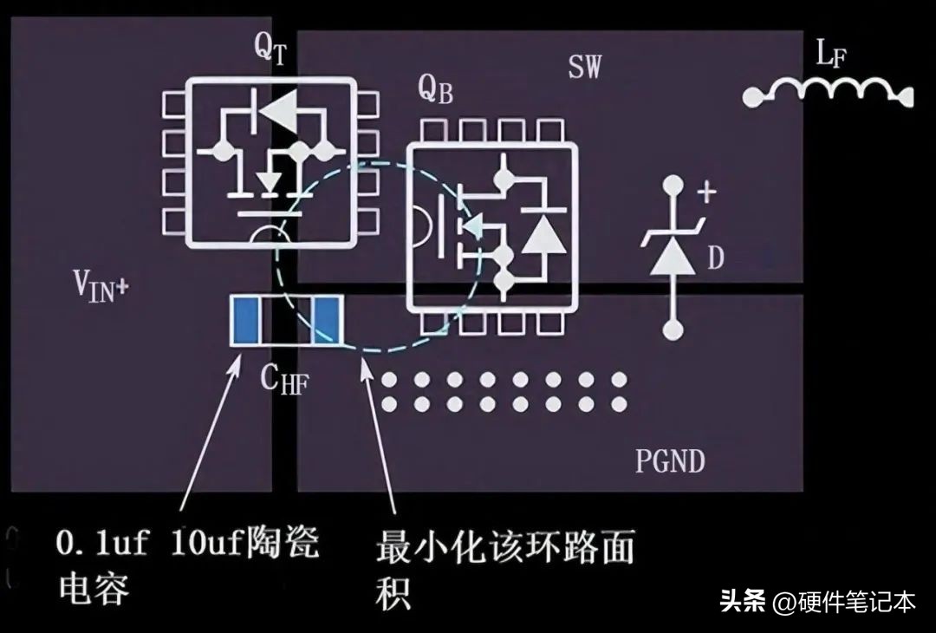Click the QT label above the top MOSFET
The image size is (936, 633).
pos(270,48)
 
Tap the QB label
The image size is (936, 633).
pos(435,90)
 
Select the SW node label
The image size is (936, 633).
pos(584,67)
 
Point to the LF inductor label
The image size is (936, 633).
pos(831,55)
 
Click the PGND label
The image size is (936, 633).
pos(670,460)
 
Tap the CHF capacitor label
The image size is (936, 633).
pos(284,379)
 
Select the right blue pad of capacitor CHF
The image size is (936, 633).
pos(327,321)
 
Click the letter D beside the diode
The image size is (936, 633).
pos(715,258)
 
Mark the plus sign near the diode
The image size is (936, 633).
pos(707,193)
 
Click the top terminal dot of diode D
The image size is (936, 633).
pos(673,185)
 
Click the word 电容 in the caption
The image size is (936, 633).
pos(94,588)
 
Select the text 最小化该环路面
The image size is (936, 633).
pos(504,547)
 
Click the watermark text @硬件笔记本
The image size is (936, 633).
pos(844,602)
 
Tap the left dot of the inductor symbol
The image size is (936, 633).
pos(753,96)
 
